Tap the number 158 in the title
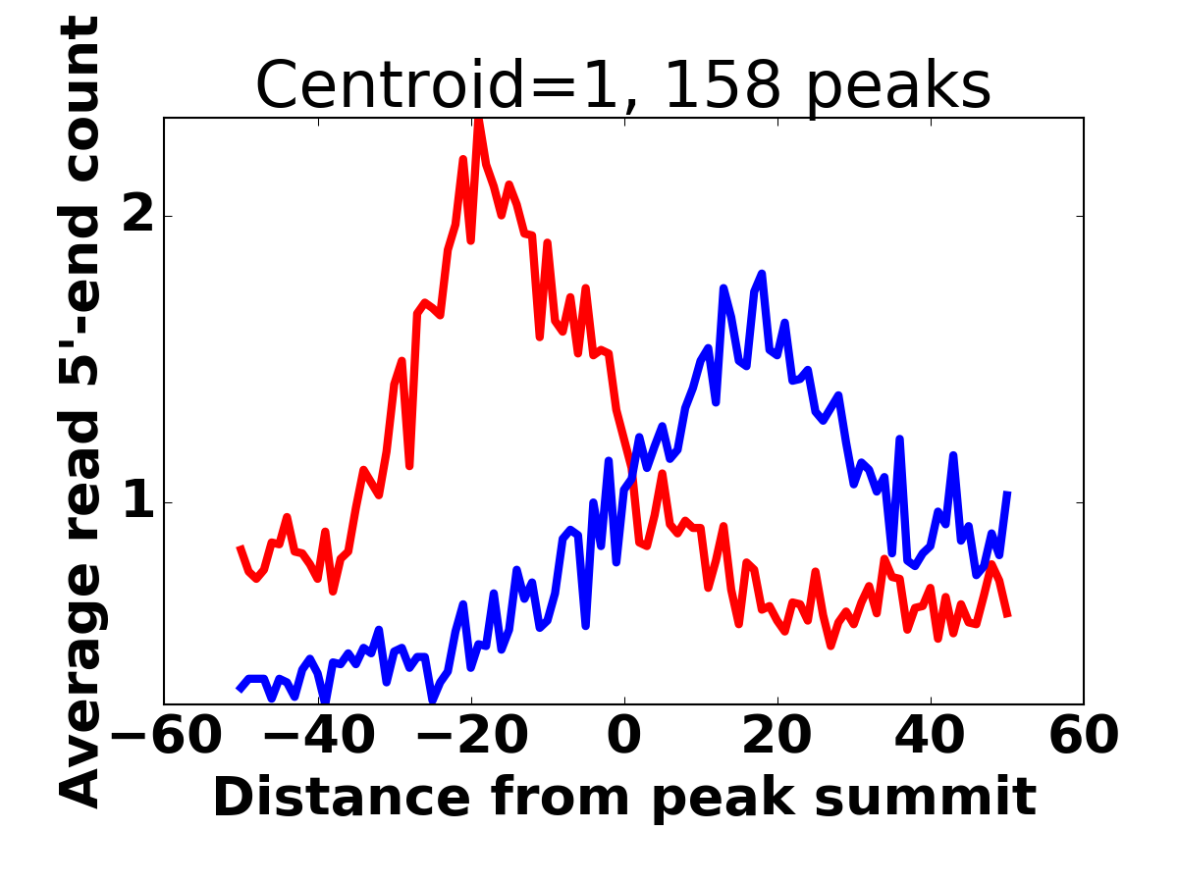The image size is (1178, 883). coord(723,86)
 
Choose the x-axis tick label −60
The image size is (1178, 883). coord(164,736)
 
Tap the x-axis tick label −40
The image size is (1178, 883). coord(317,736)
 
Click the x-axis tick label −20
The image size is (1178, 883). coord(470,736)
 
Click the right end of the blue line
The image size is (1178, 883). coord(1008,492)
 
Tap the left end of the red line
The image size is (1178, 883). coord(240,546)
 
